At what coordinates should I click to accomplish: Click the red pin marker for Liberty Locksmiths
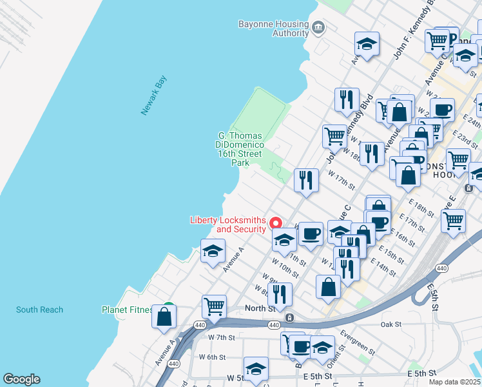coord(275,223)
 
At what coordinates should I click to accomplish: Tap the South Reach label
coord(40,310)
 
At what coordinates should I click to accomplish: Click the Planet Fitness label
coord(127,310)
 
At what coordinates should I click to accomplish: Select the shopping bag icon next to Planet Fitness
coord(164,317)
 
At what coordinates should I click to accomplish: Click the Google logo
coord(21,379)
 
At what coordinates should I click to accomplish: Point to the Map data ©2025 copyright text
coord(454,382)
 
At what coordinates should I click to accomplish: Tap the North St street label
coord(260,308)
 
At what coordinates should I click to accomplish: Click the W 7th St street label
coord(221,337)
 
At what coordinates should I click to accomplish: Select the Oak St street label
coord(390,324)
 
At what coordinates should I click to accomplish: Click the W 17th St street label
coord(341,179)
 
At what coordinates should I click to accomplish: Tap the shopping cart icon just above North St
coord(214,305)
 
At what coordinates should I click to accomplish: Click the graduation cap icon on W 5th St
coord(256,369)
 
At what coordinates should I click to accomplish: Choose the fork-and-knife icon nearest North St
coord(280,294)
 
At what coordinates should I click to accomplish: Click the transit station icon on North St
coord(290,317)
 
